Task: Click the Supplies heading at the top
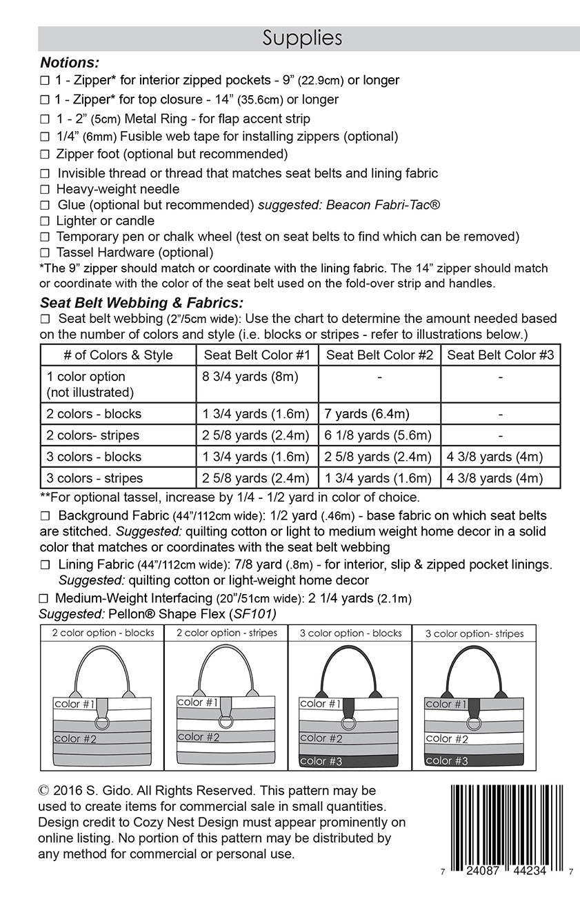pos(302,39)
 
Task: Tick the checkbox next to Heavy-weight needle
pos(45,189)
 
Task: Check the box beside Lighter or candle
pos(45,221)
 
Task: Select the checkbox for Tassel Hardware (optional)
pos(45,253)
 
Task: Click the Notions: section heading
pos(70,63)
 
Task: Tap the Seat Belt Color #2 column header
pos(379,355)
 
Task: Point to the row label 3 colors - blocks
pos(94,457)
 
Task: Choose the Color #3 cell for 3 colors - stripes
pos(494,478)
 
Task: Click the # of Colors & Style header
pos(118,355)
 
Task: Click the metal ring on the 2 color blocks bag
pos(101,722)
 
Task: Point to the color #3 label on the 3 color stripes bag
pos(447,761)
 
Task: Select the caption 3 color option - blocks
pos(349,633)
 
